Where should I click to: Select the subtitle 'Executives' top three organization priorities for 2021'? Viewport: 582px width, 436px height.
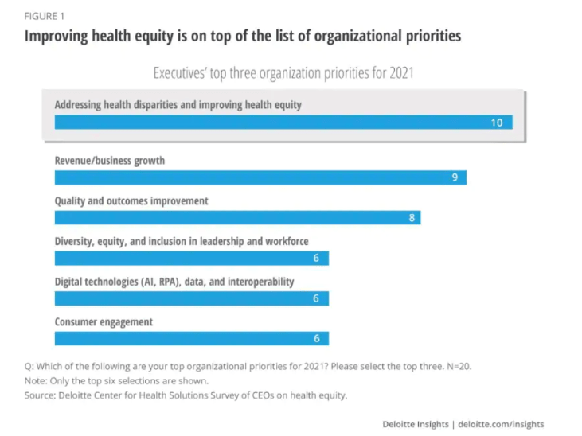coord(283,73)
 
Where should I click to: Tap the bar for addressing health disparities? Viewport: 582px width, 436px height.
coord(283,123)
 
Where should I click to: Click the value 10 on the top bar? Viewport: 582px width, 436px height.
coord(496,123)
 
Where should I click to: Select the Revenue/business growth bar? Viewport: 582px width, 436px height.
coord(260,177)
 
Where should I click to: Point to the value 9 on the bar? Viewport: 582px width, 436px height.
coord(455,177)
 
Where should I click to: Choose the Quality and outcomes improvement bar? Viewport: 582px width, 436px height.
coord(236,217)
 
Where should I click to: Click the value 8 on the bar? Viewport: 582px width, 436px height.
coord(412,217)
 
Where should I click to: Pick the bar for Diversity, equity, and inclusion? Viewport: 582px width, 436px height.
coord(191,258)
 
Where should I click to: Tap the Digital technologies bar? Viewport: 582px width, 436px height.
coord(191,298)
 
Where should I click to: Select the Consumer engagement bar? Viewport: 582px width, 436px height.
coord(191,338)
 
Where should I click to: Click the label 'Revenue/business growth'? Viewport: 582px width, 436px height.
coord(110,161)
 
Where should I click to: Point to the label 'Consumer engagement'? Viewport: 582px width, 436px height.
coord(104,321)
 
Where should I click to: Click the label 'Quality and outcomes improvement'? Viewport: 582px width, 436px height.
coord(131,201)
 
